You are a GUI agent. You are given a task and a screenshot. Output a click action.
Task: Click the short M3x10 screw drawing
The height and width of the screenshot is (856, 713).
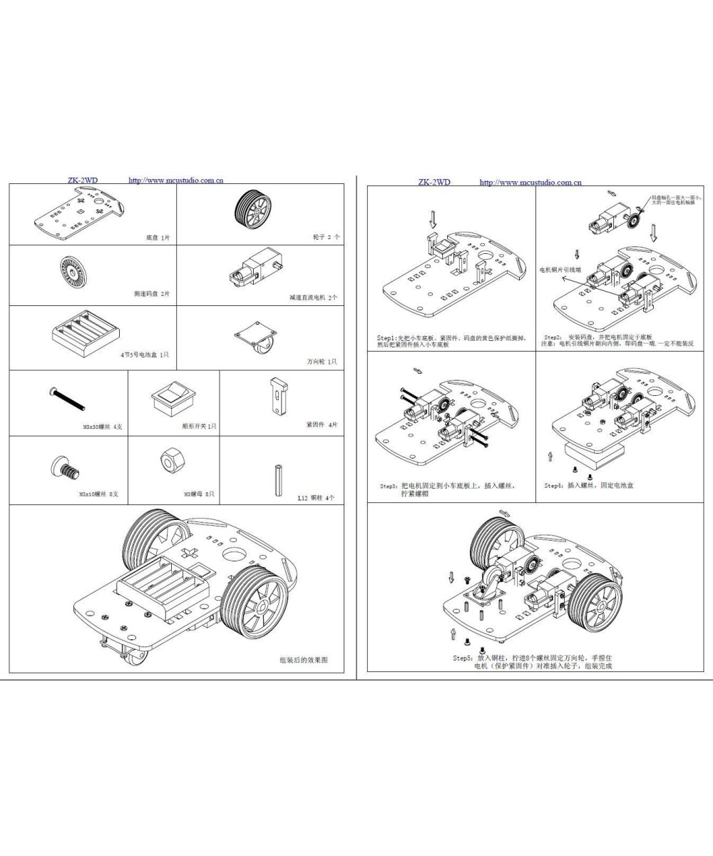(66, 467)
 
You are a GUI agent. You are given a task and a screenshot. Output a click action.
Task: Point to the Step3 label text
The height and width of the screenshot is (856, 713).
(389, 486)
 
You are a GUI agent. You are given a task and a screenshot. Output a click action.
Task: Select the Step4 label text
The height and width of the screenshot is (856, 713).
(554, 486)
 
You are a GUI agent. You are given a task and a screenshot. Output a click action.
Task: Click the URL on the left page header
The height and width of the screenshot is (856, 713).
(175, 180)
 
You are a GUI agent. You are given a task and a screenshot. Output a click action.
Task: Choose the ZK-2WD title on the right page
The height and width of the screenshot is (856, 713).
(434, 183)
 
